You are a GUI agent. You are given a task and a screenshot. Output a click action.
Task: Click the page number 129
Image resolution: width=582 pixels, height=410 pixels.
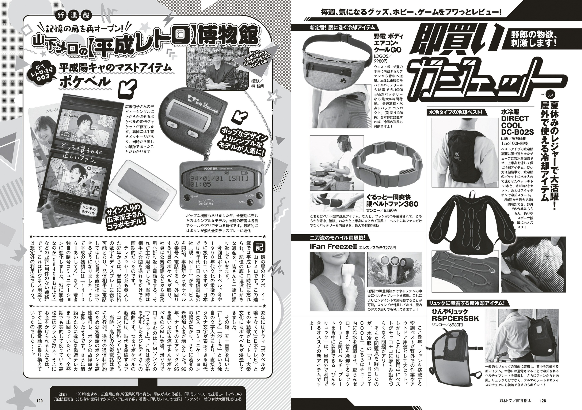click(x=39, y=401)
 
